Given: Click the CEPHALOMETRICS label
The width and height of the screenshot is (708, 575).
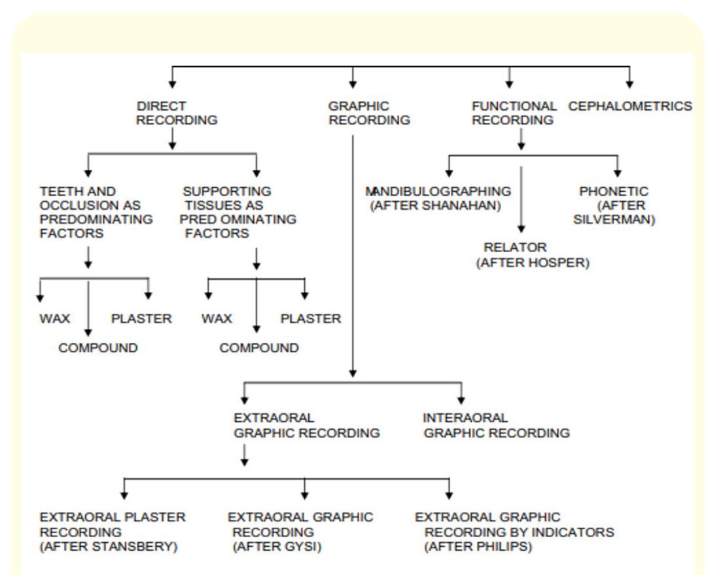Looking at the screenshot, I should [629, 106].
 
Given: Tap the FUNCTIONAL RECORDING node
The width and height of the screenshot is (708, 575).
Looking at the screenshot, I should [514, 113].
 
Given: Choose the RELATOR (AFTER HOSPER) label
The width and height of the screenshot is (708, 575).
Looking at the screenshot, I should [532, 255].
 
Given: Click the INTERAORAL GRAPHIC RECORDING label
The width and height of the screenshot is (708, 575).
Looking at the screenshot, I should [495, 426].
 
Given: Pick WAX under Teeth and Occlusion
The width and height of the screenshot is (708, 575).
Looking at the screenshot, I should [54, 320].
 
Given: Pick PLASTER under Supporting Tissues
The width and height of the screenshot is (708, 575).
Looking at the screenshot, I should [311, 320].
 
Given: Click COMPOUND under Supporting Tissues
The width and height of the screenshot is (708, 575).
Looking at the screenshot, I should [259, 348].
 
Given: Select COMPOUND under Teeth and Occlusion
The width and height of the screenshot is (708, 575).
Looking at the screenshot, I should [98, 348].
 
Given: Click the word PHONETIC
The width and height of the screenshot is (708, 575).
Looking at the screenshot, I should [613, 191].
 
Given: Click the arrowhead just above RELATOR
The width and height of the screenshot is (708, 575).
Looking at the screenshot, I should [522, 228].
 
